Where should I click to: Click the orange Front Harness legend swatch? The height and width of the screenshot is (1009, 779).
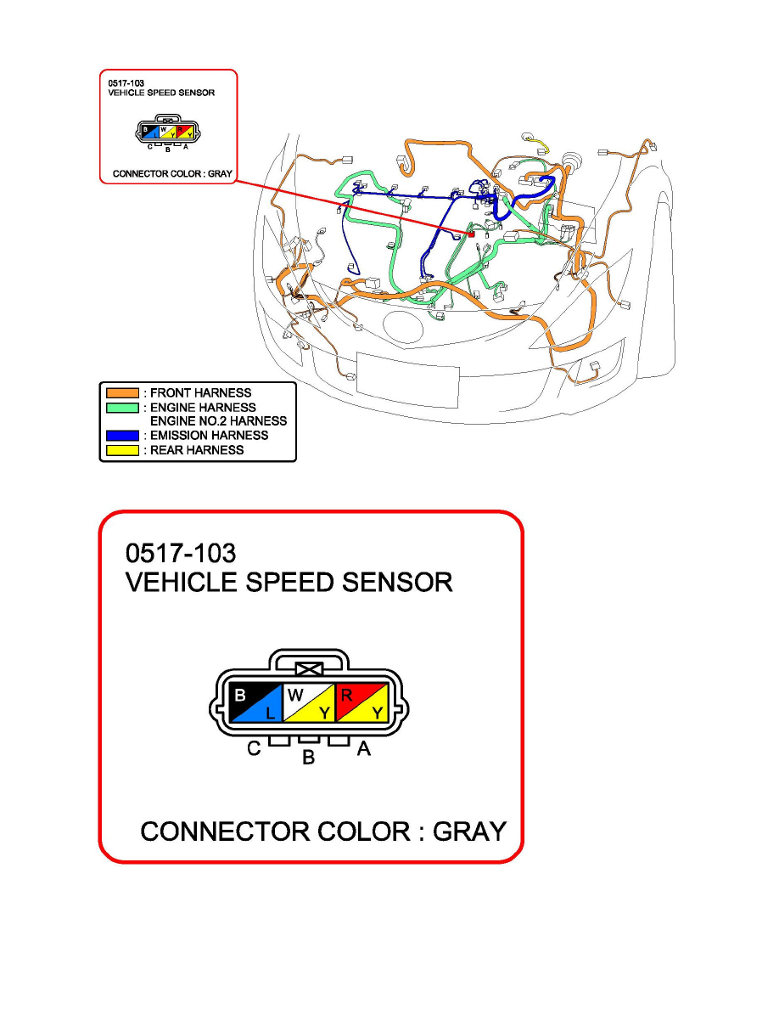click(x=121, y=392)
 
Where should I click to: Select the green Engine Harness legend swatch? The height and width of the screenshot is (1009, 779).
click(x=121, y=407)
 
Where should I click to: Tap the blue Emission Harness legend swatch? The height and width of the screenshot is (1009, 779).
click(x=121, y=436)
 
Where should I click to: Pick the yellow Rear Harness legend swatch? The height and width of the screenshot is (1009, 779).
click(x=121, y=450)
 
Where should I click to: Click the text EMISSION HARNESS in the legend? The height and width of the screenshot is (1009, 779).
click(x=209, y=436)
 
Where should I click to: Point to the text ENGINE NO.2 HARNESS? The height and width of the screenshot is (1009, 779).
click(x=218, y=421)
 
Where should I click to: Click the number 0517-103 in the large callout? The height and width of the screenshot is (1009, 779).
click(x=181, y=552)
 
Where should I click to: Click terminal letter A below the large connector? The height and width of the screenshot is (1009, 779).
click(x=363, y=750)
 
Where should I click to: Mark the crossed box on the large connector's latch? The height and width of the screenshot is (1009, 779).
click(x=308, y=669)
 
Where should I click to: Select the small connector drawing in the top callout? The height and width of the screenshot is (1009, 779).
click(x=169, y=132)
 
